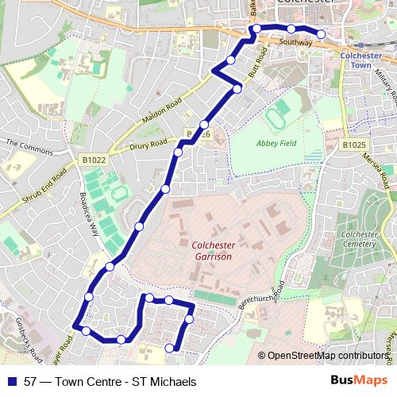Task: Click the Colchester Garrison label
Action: [212, 251]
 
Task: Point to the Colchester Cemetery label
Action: [359, 239]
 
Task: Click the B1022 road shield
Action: [94, 160]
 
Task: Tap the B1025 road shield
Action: [355, 145]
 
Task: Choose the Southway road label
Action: [295, 42]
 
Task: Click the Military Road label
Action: [385, 81]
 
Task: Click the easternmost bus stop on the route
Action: [321, 33]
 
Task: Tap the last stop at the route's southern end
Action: [169, 348]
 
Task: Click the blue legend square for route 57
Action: [11, 382]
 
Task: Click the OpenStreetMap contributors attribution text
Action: [328, 356]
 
